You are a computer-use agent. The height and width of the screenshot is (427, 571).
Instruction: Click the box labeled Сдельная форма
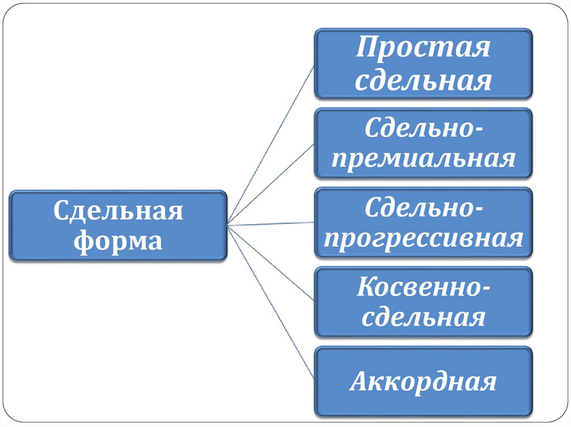(x=118, y=225)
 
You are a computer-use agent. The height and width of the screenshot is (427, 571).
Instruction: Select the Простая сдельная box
(x=423, y=64)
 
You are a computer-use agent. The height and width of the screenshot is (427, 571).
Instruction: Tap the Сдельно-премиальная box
(x=423, y=143)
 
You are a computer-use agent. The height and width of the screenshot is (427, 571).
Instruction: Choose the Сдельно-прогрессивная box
(x=423, y=223)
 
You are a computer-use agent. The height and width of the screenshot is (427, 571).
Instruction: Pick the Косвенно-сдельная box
(x=423, y=302)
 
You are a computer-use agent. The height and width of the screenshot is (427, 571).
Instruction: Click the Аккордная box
(x=423, y=381)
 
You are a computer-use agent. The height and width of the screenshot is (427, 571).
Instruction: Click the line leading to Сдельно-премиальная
(x=272, y=184)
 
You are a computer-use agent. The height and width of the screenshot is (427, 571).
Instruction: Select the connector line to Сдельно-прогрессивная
(x=272, y=224)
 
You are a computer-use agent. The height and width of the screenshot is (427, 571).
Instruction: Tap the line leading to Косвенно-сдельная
(x=272, y=263)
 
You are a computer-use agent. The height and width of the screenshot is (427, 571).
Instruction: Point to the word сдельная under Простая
(x=423, y=81)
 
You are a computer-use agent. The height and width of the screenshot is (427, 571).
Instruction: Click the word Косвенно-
(x=424, y=287)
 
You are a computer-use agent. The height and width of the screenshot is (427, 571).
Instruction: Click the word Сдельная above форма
(x=118, y=210)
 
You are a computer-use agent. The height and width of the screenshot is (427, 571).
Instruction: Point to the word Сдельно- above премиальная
(x=424, y=128)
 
